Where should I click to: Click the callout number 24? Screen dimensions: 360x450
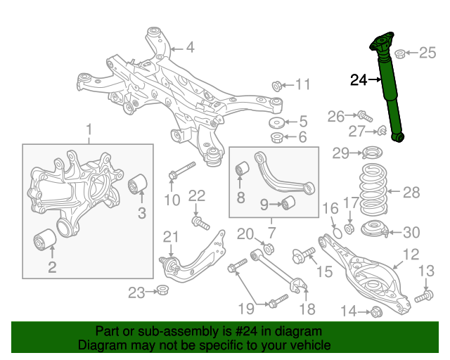coord(359,80)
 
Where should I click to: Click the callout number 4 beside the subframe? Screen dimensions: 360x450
coord(190,48)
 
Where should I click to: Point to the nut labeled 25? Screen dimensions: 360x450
coord(400,53)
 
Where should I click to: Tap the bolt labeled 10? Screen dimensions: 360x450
coord(181,171)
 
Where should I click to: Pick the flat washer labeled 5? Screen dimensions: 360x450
coord(277,122)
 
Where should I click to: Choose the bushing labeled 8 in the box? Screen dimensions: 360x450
coord(243,170)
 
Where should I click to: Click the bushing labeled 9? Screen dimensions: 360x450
coord(287,204)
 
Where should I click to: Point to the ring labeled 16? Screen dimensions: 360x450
coord(336,231)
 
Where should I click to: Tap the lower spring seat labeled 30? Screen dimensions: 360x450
coord(375,229)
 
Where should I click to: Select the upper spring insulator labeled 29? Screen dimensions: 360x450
coord(372,151)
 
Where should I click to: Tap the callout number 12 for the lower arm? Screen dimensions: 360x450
coord(411,255)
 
